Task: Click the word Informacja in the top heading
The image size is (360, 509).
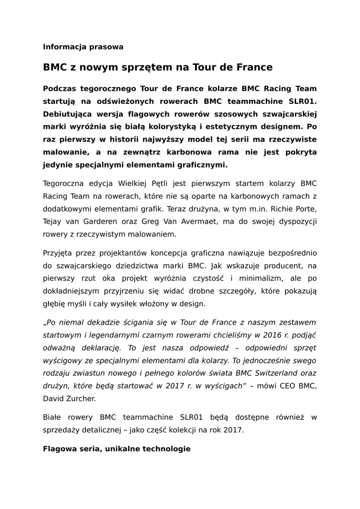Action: click(64, 47)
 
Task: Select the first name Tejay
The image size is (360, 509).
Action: click(53, 221)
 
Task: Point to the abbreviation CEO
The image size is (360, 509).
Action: click(289, 386)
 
